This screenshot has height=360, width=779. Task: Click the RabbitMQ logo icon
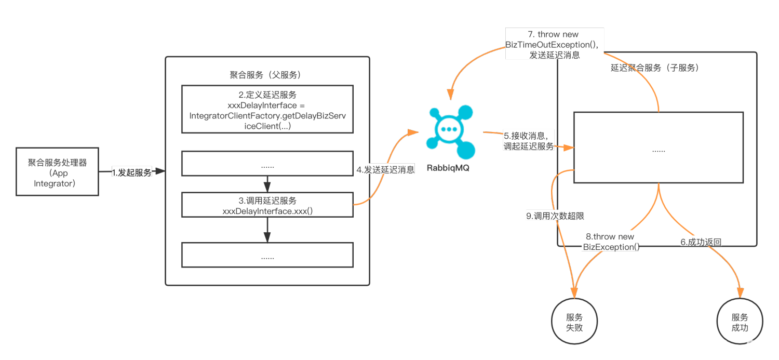[x=450, y=130]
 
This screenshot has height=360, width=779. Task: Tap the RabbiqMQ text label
[x=448, y=168]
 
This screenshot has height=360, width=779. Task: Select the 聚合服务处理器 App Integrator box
[x=57, y=172]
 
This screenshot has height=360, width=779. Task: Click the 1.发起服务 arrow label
[x=132, y=172]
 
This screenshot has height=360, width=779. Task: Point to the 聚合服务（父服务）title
[x=266, y=75]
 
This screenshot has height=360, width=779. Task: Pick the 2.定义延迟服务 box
[x=267, y=109]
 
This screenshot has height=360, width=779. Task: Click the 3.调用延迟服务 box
[x=267, y=205]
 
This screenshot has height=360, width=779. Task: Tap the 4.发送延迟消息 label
[x=385, y=169]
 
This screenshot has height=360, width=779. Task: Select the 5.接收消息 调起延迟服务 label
[x=529, y=141]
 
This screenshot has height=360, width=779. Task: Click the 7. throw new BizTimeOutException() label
[x=554, y=44]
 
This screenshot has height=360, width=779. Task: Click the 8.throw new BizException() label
[x=611, y=242]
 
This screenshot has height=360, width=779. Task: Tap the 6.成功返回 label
[x=701, y=242]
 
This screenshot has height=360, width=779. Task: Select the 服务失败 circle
[x=574, y=322]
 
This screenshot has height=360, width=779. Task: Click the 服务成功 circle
[x=740, y=322]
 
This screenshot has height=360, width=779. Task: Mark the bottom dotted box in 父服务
[x=267, y=255]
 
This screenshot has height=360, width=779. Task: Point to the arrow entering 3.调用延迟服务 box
[x=267, y=184]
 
